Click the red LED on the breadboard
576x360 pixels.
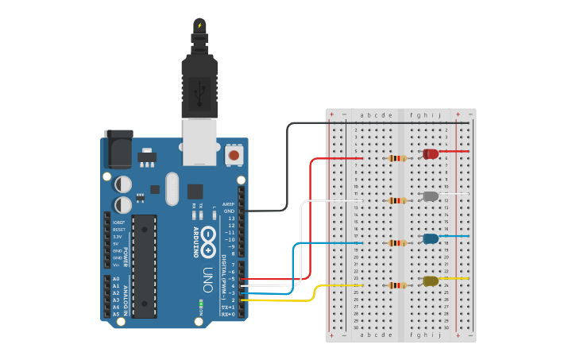431,153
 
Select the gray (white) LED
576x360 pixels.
431,196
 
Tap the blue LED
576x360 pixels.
431,238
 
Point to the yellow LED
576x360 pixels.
431,281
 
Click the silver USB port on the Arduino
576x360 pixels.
199,141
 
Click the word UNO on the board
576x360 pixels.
208,279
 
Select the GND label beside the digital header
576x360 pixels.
230,211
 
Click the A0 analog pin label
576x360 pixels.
116,279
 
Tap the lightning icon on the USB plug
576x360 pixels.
199,26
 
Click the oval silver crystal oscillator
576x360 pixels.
172,188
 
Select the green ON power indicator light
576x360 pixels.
201,303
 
